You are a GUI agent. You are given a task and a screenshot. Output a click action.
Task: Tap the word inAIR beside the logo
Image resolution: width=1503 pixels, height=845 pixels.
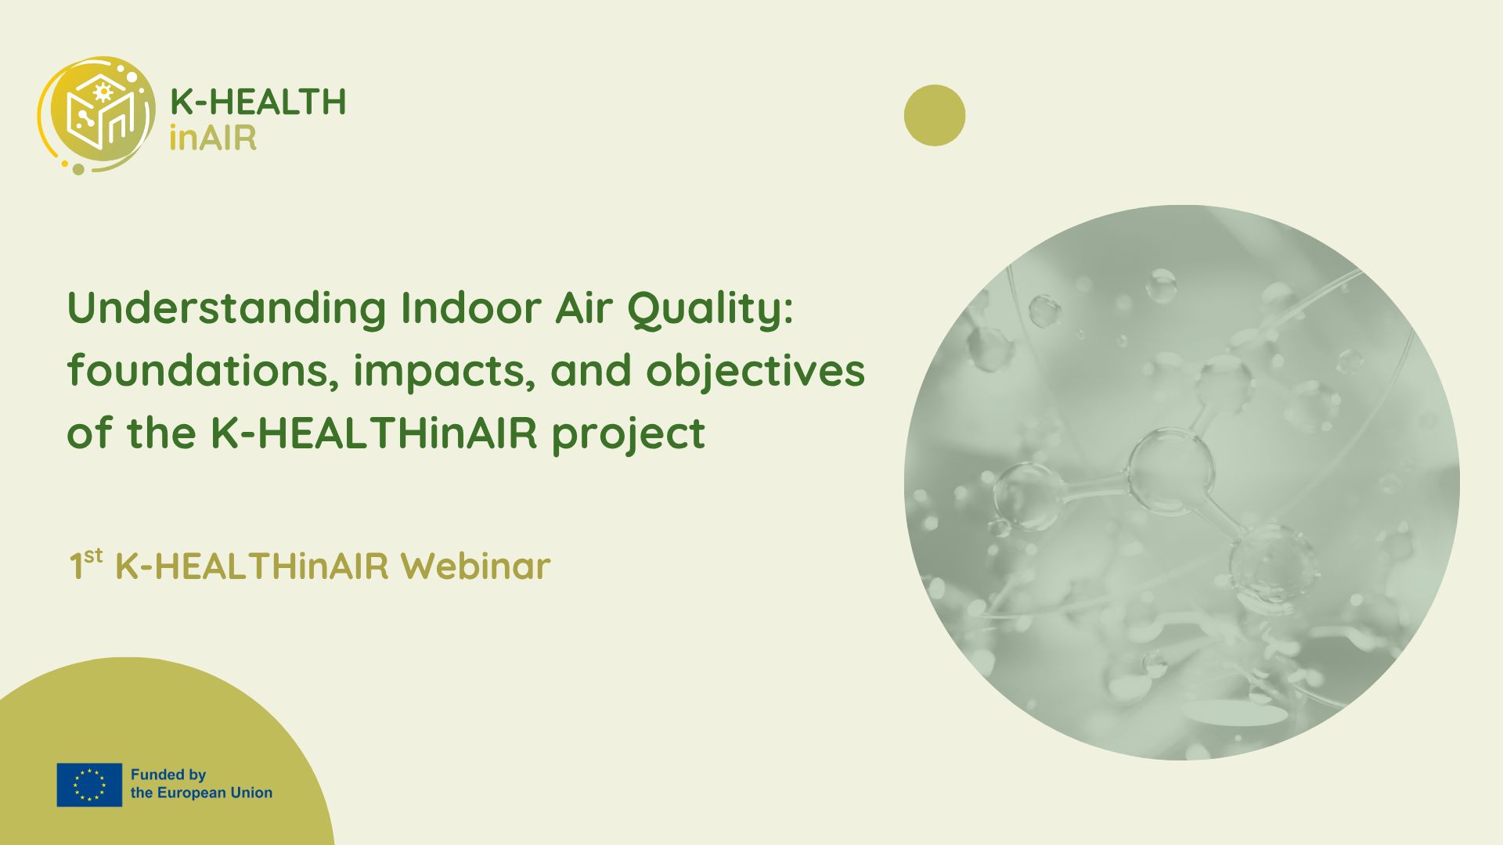[x=213, y=138]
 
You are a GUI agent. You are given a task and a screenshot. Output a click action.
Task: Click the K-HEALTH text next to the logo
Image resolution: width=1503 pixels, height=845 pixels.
[x=258, y=102]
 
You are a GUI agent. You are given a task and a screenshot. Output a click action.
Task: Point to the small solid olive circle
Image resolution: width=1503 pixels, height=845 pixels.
[x=935, y=115]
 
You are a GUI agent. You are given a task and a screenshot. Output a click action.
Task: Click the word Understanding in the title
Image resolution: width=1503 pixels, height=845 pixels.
[x=227, y=308]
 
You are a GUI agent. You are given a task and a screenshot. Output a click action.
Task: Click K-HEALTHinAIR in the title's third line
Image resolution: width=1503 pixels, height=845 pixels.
[x=374, y=433]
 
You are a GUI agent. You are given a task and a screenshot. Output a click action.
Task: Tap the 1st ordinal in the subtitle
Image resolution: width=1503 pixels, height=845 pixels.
[x=85, y=565]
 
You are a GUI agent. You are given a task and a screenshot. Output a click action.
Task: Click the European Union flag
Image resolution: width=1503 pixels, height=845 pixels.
[x=89, y=785]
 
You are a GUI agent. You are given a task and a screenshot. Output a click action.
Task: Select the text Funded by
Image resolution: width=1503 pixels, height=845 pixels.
[x=168, y=775]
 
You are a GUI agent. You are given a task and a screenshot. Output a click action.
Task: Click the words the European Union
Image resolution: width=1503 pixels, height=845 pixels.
[x=202, y=793]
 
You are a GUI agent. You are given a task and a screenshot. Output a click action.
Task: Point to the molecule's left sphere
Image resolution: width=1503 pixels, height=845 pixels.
[x=1029, y=496]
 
